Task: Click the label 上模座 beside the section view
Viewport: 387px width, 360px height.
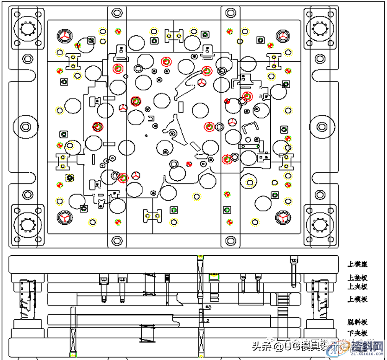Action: (x=358, y=264)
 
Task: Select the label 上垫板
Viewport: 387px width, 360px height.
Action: (x=358, y=278)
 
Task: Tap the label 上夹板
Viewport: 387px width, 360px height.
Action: (x=358, y=286)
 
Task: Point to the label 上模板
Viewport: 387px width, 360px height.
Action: (x=358, y=299)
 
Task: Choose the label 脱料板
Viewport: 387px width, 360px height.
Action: (x=358, y=322)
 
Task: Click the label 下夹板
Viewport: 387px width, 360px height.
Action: (x=358, y=333)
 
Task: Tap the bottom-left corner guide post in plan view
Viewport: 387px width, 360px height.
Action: (x=28, y=226)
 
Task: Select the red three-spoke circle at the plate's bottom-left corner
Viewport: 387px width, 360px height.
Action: (x=64, y=217)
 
